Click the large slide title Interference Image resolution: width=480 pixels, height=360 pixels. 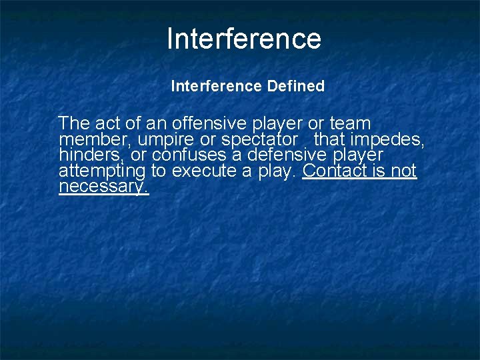pyautogui.click(x=243, y=39)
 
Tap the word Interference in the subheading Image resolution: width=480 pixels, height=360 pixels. pyautogui.click(x=216, y=86)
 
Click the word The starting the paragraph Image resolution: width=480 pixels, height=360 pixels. pyautogui.click(x=74, y=123)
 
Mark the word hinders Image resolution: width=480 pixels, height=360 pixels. pyautogui.click(x=86, y=155)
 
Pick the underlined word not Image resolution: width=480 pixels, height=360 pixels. pyautogui.click(x=403, y=171)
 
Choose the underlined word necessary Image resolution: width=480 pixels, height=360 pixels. pyautogui.click(x=103, y=187)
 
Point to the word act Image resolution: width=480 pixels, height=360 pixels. pyautogui.click(x=107, y=123)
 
